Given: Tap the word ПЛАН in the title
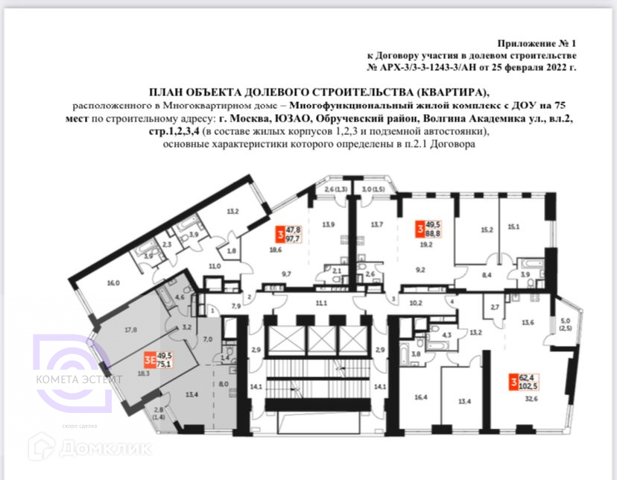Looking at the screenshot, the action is click(168, 92).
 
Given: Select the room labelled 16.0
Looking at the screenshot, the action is click(113, 283).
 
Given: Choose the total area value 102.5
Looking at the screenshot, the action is click(531, 385).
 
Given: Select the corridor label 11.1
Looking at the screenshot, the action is click(321, 303).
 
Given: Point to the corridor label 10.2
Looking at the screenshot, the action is click(416, 303).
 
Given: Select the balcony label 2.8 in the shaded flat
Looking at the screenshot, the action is click(158, 410).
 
